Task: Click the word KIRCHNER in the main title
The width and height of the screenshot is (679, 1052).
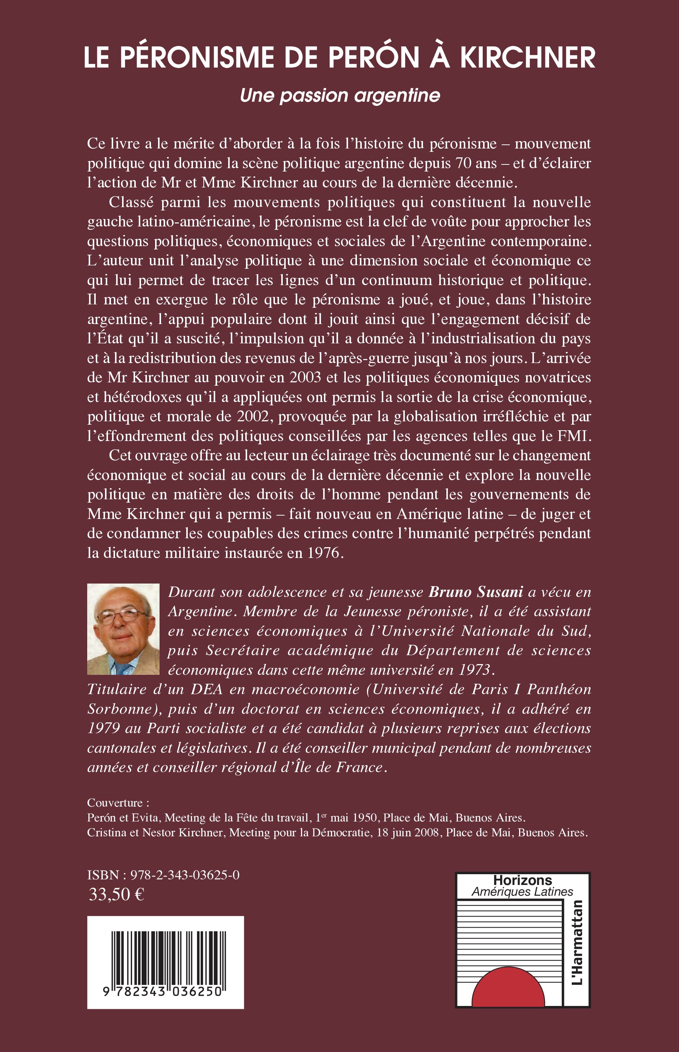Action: (x=528, y=58)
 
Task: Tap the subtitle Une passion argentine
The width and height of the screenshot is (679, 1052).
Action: (x=340, y=95)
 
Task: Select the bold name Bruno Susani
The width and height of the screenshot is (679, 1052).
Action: (x=476, y=592)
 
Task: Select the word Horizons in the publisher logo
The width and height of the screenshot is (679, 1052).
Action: (x=522, y=881)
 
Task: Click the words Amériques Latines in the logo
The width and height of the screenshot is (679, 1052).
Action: (x=522, y=892)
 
